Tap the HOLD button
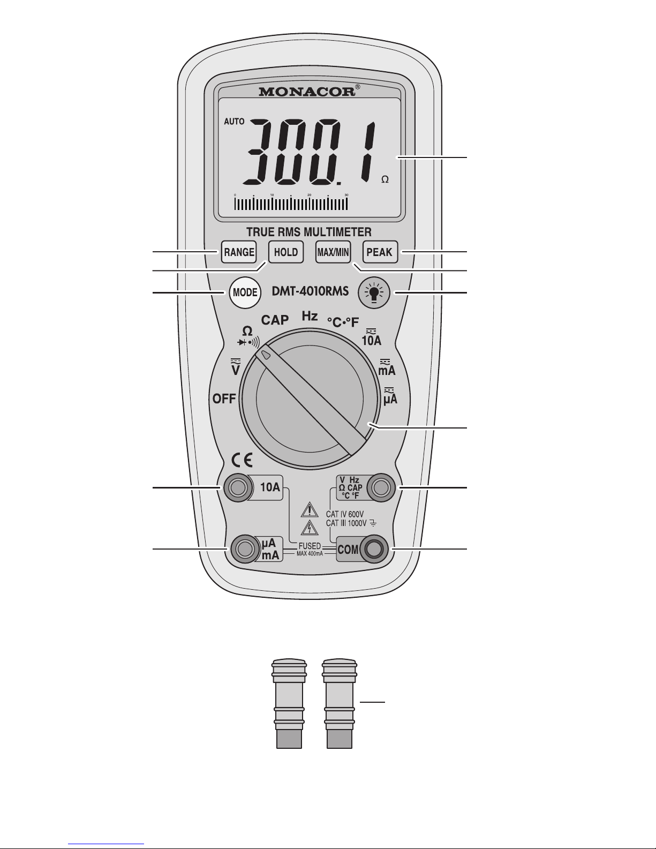(x=286, y=252)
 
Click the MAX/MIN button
(x=333, y=252)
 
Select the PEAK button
(x=380, y=252)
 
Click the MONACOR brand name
(x=307, y=92)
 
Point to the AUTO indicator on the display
(x=234, y=122)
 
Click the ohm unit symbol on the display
(x=384, y=180)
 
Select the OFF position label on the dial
(x=224, y=399)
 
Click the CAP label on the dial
(x=275, y=320)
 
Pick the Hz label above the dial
(x=310, y=316)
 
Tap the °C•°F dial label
(x=343, y=321)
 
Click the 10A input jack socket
(x=237, y=487)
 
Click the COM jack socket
(x=374, y=549)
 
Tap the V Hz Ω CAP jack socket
(x=381, y=487)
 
